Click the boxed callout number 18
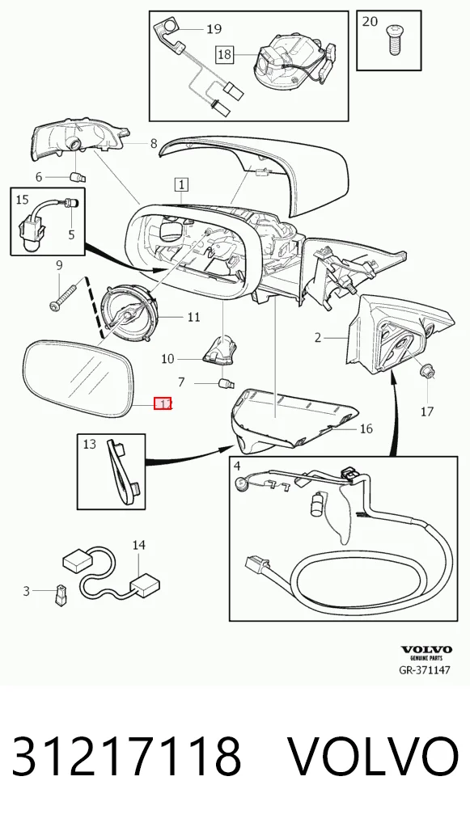point(224,55)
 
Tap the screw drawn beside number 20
point(394,40)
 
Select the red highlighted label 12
point(163,403)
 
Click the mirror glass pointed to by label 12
point(78,379)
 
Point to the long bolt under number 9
point(66,295)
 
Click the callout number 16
point(366,428)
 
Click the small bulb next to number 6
point(77,177)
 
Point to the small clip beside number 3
point(59,594)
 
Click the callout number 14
point(138,546)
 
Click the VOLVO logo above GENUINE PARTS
point(426,650)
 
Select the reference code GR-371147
point(425,669)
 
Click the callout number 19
point(214,29)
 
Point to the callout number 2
point(317,337)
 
